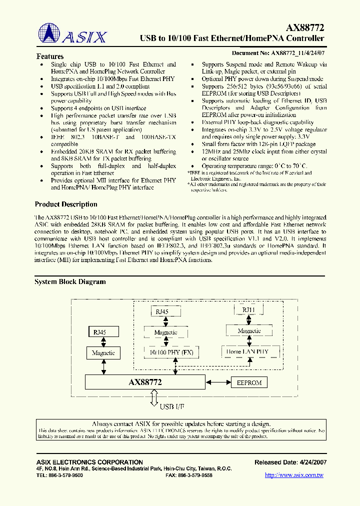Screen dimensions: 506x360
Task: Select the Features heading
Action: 50,56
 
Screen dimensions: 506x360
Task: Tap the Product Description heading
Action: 66,204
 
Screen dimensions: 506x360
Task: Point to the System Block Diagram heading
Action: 70,281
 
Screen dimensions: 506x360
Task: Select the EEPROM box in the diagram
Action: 248,382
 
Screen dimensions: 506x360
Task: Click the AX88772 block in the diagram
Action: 145,382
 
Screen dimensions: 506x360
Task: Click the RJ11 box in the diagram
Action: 248,310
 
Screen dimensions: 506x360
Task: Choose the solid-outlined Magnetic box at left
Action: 103,353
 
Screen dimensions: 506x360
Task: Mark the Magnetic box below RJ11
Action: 249,331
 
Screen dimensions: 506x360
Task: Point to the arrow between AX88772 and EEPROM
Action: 217,382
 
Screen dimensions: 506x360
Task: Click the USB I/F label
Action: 172,406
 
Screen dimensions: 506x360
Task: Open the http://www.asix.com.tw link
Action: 294,475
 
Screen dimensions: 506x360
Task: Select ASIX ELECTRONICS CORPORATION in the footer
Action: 89,462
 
